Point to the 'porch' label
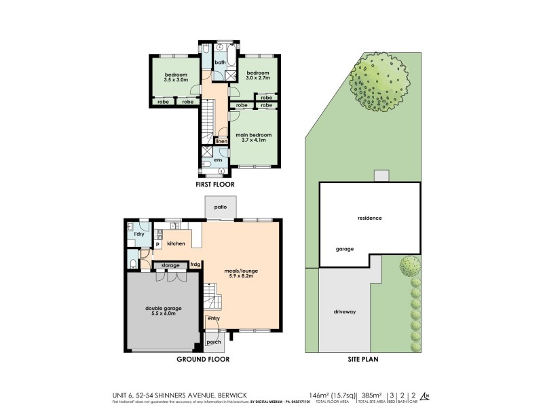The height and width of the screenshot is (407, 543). (213, 342)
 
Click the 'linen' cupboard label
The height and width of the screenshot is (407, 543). (221, 141)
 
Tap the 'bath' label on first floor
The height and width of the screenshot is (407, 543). (220, 62)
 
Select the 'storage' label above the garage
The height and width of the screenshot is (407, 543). (170, 265)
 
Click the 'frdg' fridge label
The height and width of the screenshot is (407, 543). (195, 265)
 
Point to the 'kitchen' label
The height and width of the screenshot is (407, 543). (176, 243)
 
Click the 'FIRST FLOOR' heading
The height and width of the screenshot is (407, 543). (214, 184)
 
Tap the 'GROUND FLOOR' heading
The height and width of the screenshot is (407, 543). (203, 360)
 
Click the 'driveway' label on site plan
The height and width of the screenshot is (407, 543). (345, 313)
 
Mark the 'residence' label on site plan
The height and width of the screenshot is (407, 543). (370, 218)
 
